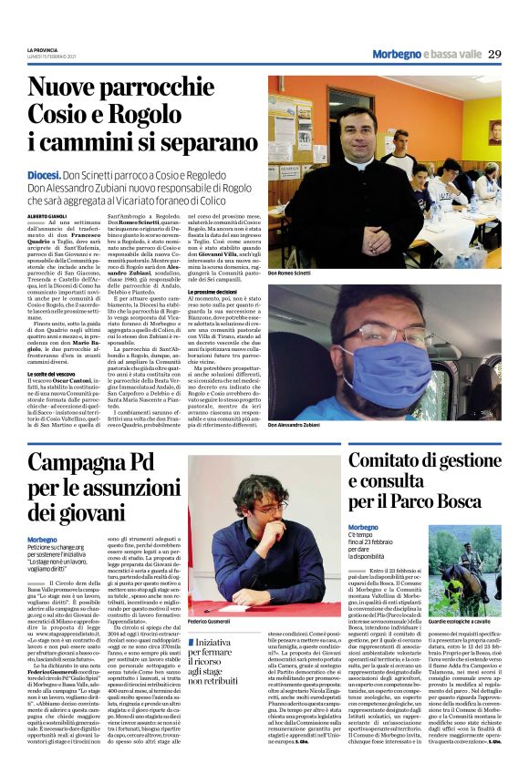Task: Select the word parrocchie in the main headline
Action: point(172,90)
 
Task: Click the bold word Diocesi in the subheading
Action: point(43,173)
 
